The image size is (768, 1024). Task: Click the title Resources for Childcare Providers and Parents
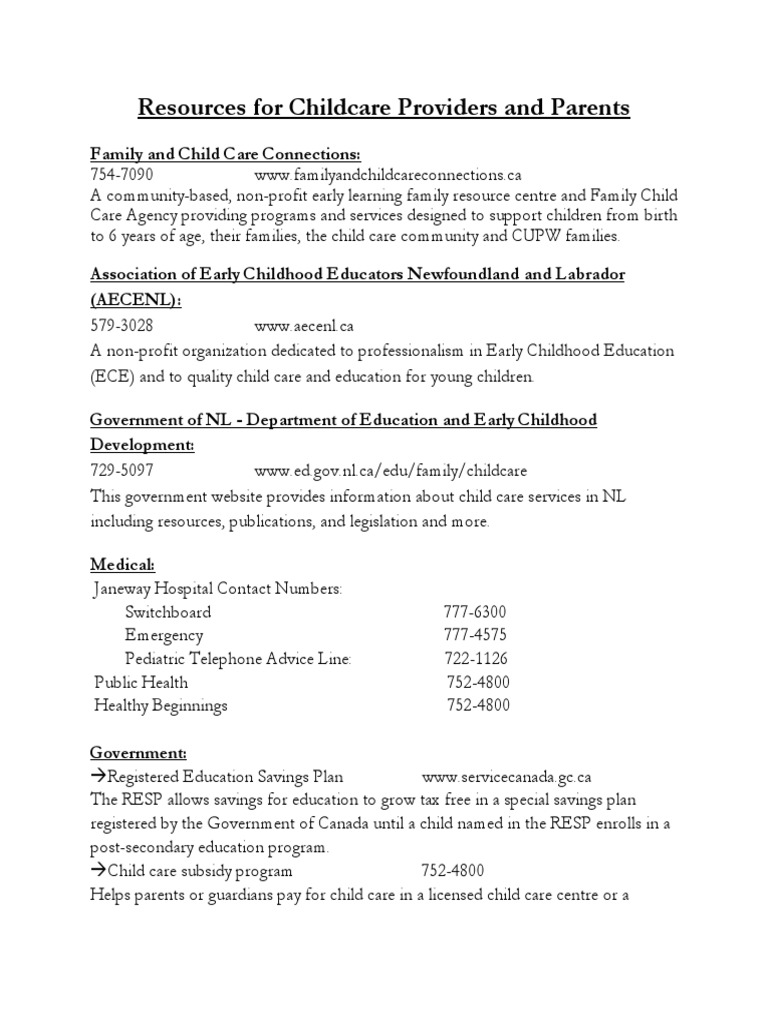point(383,108)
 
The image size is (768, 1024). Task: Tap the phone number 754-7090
point(122,174)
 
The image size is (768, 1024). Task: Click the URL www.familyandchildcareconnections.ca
point(388,174)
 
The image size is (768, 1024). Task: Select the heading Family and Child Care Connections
point(225,153)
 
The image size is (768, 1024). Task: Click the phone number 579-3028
point(122,326)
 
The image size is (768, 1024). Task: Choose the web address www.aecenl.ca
point(304,326)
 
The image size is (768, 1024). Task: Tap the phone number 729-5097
point(122,470)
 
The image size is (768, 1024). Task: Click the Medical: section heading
point(123,565)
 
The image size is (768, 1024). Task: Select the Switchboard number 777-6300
point(476,612)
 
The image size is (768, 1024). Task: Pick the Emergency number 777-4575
point(476,636)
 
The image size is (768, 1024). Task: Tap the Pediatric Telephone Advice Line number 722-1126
point(476,659)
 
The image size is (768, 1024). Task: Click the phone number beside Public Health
point(477,682)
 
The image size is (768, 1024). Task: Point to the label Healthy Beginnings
point(161,706)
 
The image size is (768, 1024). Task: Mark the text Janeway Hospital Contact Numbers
point(217,589)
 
